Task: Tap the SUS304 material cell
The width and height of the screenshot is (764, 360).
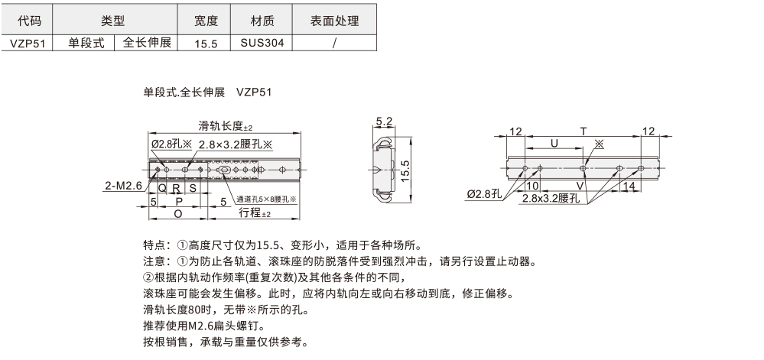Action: (262, 44)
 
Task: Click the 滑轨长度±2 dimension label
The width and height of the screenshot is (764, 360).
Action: (225, 126)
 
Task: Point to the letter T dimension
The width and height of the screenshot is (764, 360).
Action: (584, 131)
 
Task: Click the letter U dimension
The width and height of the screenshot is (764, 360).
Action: (554, 143)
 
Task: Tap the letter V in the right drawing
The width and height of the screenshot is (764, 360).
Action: (580, 186)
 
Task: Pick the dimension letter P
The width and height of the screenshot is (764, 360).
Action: (177, 200)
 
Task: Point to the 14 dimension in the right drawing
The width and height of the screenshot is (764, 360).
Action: (629, 186)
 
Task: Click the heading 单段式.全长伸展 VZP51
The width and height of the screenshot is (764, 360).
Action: (207, 92)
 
